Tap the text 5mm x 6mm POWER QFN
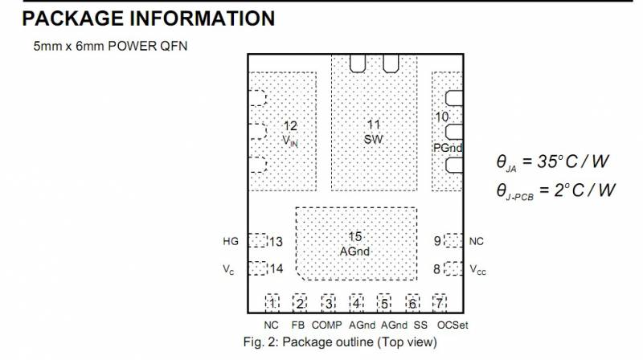point(110,47)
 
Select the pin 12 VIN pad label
point(290,133)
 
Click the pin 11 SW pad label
point(373,131)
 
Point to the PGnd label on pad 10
point(447,147)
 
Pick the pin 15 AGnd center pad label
point(354,243)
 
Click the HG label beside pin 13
point(231,241)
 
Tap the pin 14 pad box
point(257,268)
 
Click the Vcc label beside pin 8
point(478,269)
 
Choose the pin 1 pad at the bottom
point(272,303)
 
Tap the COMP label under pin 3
point(326,325)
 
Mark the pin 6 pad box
point(412,303)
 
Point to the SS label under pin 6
point(420,325)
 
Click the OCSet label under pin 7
point(453,325)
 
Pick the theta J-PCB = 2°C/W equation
point(555,190)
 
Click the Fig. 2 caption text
point(340,342)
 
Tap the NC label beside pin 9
point(477,240)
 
